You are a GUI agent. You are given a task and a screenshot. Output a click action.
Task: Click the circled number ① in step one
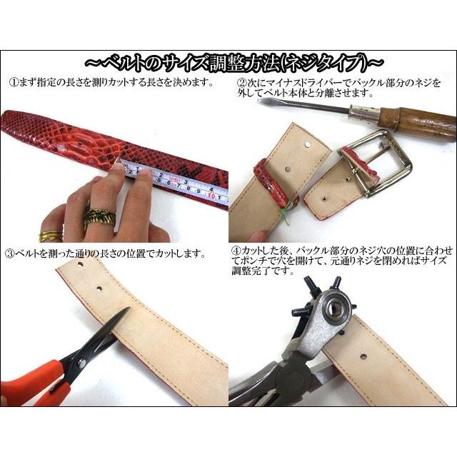point(11,82)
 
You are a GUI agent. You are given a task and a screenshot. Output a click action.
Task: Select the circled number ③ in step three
point(11,253)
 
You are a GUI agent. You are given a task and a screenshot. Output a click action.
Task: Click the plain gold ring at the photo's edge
point(50,235)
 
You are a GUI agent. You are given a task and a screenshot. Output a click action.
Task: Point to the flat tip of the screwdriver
point(263,102)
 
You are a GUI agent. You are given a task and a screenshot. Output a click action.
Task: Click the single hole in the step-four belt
point(364,355)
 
